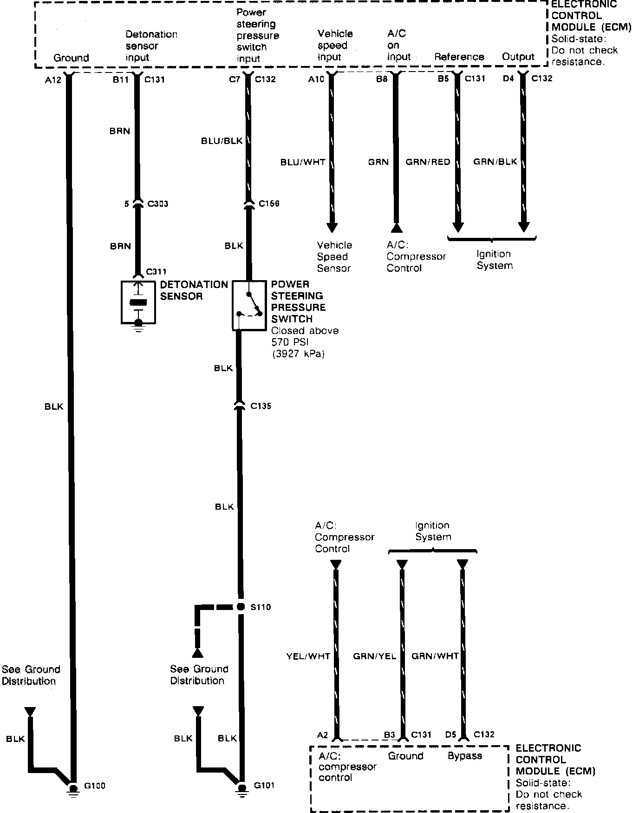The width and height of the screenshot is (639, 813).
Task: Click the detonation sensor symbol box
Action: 138,302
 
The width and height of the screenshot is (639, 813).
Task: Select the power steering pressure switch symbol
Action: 249,305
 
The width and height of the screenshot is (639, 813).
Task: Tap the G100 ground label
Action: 94,786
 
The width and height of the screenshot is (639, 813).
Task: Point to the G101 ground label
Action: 264,786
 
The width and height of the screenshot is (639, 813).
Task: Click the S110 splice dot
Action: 240,607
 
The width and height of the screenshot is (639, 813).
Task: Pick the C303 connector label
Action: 157,204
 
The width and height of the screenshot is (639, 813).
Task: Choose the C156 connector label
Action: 269,203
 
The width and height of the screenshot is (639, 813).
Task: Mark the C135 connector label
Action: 261,406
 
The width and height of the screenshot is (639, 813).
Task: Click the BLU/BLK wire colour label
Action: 222,141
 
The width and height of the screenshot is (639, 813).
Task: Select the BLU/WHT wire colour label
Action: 303,162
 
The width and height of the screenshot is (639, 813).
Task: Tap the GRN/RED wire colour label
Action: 428,162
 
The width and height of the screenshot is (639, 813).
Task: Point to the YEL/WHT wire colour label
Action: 308,656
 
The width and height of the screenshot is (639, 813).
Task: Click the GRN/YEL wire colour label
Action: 374,656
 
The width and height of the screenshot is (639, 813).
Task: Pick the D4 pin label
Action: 508,79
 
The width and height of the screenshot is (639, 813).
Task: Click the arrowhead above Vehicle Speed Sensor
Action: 332,227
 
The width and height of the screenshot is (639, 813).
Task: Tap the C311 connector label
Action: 156,272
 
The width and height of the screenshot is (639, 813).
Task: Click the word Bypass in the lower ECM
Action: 464,756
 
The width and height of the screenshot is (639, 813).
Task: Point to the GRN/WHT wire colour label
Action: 435,656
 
